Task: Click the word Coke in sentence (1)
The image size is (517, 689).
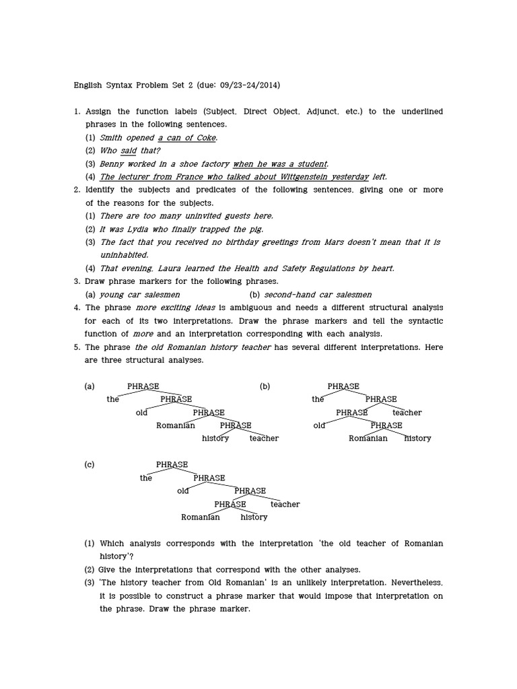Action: (x=207, y=137)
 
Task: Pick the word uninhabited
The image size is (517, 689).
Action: (x=124, y=255)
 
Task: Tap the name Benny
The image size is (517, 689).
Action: (x=112, y=164)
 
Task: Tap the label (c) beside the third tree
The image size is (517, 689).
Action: (x=90, y=465)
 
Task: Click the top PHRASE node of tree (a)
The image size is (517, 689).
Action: (x=143, y=386)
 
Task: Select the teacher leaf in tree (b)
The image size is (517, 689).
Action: (x=407, y=412)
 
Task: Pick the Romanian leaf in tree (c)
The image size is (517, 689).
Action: (x=201, y=517)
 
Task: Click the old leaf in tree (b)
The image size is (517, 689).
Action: (x=320, y=425)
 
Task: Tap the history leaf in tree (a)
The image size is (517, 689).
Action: (x=215, y=439)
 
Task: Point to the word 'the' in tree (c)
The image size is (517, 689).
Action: (x=146, y=478)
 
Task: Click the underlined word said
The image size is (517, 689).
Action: (x=129, y=151)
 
